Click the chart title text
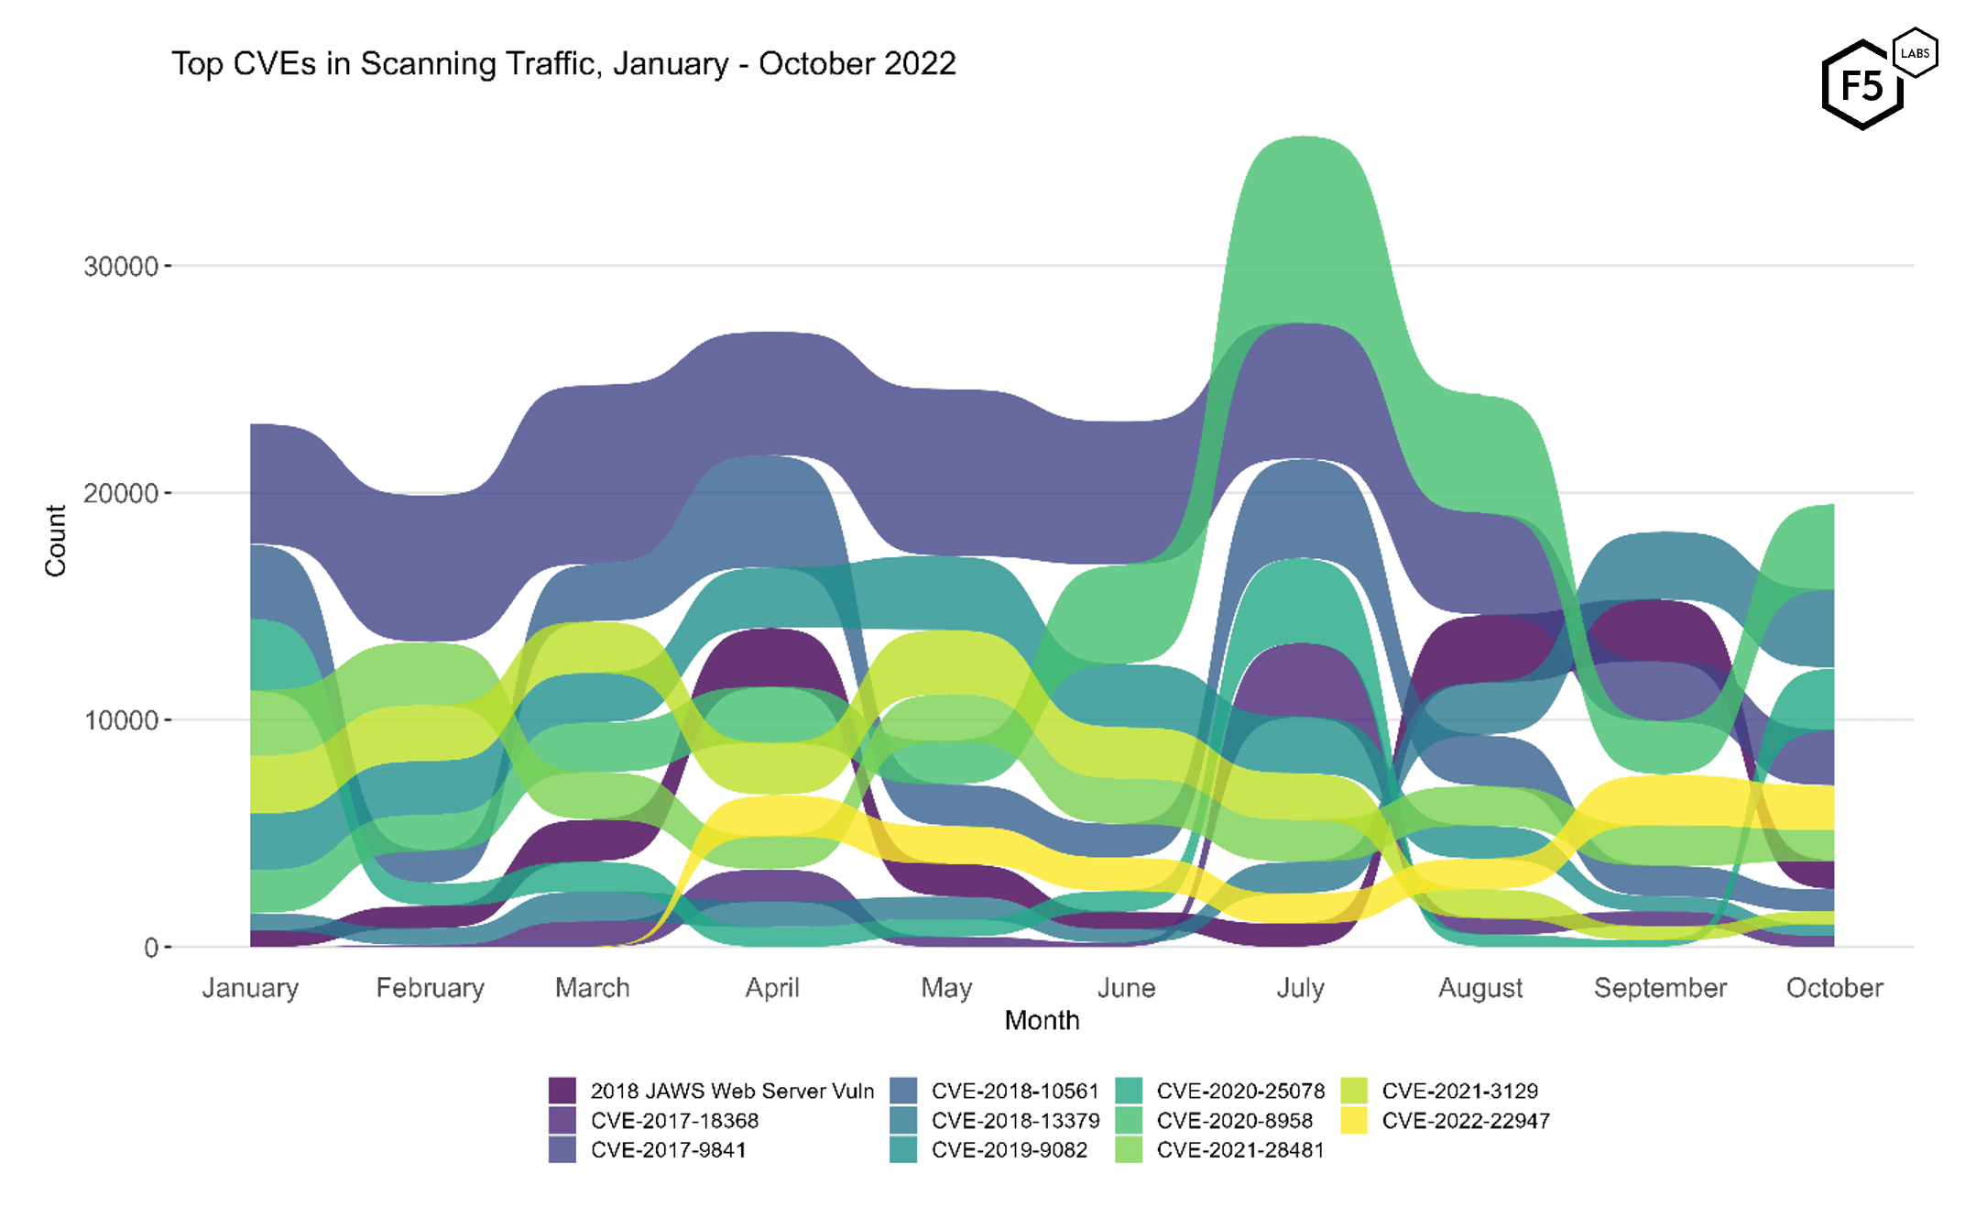tap(563, 64)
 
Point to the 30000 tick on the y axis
tap(121, 267)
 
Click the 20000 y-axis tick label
tap(121, 493)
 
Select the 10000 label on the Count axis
tap(121, 720)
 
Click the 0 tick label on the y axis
tap(151, 948)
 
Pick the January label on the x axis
tap(250, 988)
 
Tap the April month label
tap(772, 988)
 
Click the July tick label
tap(1300, 988)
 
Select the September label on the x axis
tap(1660, 988)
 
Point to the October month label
tap(1834, 988)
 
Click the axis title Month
tap(1042, 1020)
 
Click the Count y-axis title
tap(56, 541)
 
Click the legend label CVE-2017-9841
tap(668, 1150)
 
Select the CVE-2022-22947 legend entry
tap(1466, 1121)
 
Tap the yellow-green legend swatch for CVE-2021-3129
tap(1354, 1091)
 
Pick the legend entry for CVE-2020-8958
tap(1234, 1121)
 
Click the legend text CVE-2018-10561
tap(1015, 1091)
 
